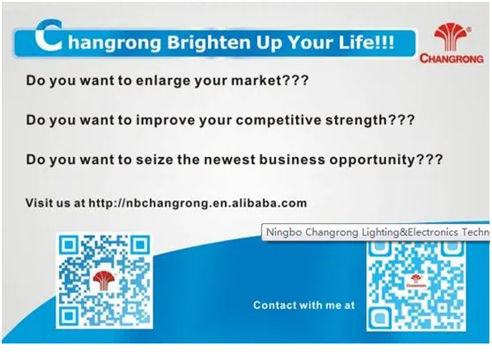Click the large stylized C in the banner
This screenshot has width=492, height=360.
(x=48, y=35)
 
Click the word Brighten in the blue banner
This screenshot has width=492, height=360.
(x=208, y=42)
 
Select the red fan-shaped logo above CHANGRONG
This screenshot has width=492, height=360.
(x=451, y=37)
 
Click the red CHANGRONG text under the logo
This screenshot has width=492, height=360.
(x=451, y=58)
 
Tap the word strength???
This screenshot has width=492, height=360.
(x=370, y=120)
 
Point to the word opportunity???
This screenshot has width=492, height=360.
(x=386, y=161)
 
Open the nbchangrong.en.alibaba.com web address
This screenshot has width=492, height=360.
(x=198, y=203)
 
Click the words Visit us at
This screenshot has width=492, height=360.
(x=56, y=203)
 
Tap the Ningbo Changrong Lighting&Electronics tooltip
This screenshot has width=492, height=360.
(x=376, y=232)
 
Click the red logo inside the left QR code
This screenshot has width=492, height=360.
(x=104, y=281)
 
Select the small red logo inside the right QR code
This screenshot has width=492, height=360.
(x=416, y=281)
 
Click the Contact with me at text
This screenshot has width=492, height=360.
(x=304, y=305)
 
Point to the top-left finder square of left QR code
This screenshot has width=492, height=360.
(x=68, y=245)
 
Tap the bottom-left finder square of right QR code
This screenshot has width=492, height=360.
(x=379, y=319)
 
